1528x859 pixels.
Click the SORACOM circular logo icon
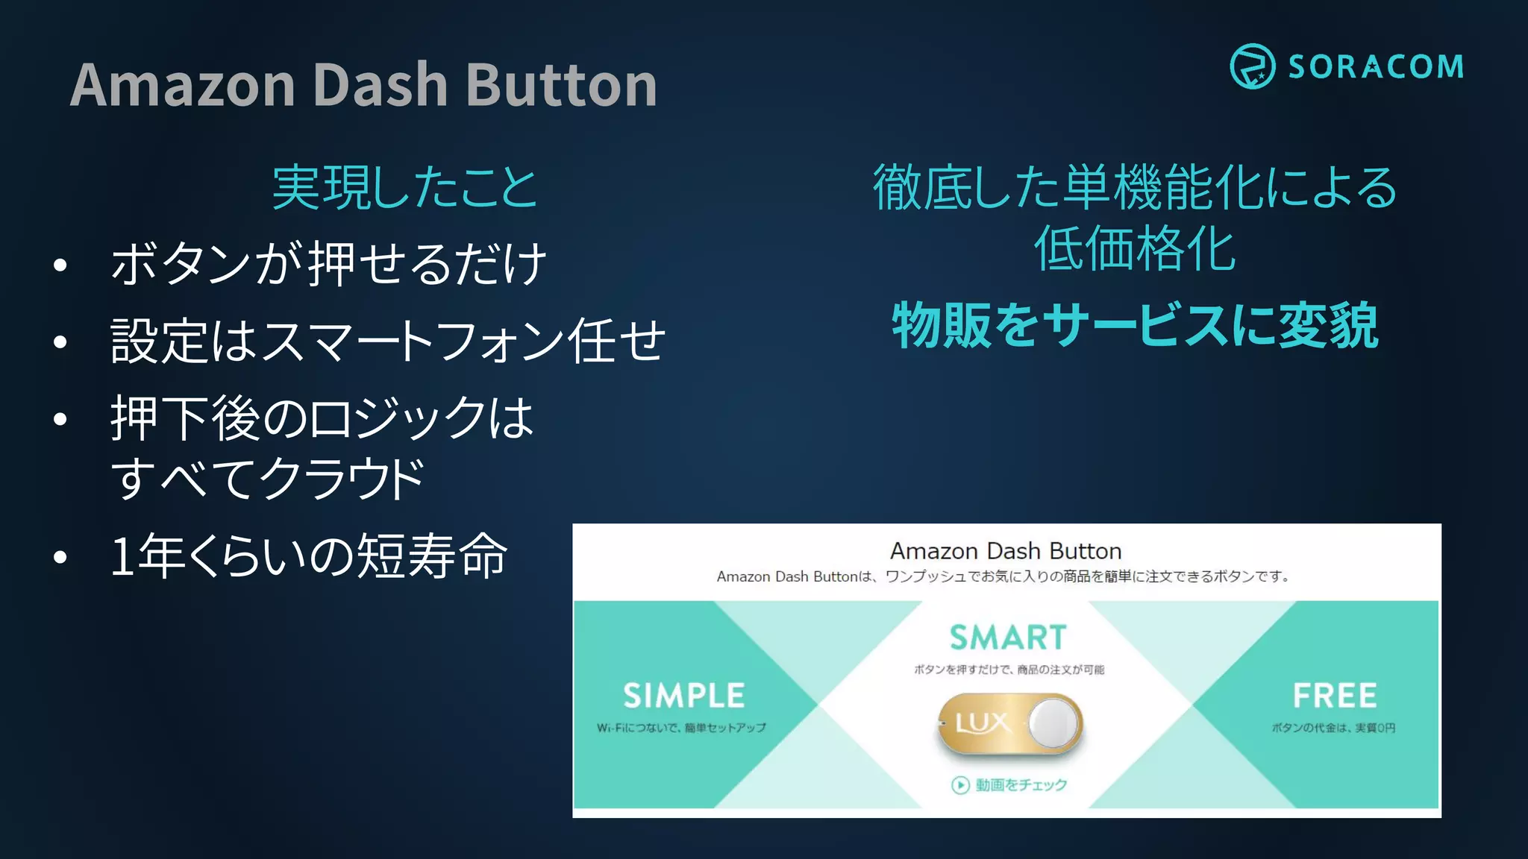(x=1252, y=66)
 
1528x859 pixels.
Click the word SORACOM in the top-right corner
(x=1376, y=67)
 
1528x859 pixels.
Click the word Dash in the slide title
(x=379, y=85)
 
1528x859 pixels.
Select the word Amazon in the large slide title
(x=183, y=85)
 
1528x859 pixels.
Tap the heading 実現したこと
(x=404, y=187)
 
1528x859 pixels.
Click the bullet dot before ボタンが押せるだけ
(x=60, y=265)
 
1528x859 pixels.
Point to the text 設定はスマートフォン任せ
(x=387, y=341)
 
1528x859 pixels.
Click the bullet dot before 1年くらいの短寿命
(x=60, y=557)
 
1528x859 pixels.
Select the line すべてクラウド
(x=267, y=478)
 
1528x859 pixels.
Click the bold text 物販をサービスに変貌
(x=1135, y=326)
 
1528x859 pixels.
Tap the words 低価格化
(x=1135, y=249)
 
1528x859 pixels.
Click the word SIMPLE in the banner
(x=683, y=696)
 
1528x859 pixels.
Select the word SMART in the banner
(x=1007, y=638)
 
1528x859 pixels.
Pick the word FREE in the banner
(x=1334, y=696)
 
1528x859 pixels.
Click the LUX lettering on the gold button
(x=983, y=723)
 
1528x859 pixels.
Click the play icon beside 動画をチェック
(x=960, y=785)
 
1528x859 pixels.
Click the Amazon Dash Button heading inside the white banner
(x=1006, y=551)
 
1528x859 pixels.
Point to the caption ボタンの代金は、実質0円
(x=1333, y=728)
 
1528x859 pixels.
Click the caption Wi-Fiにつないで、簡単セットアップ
(x=680, y=728)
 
